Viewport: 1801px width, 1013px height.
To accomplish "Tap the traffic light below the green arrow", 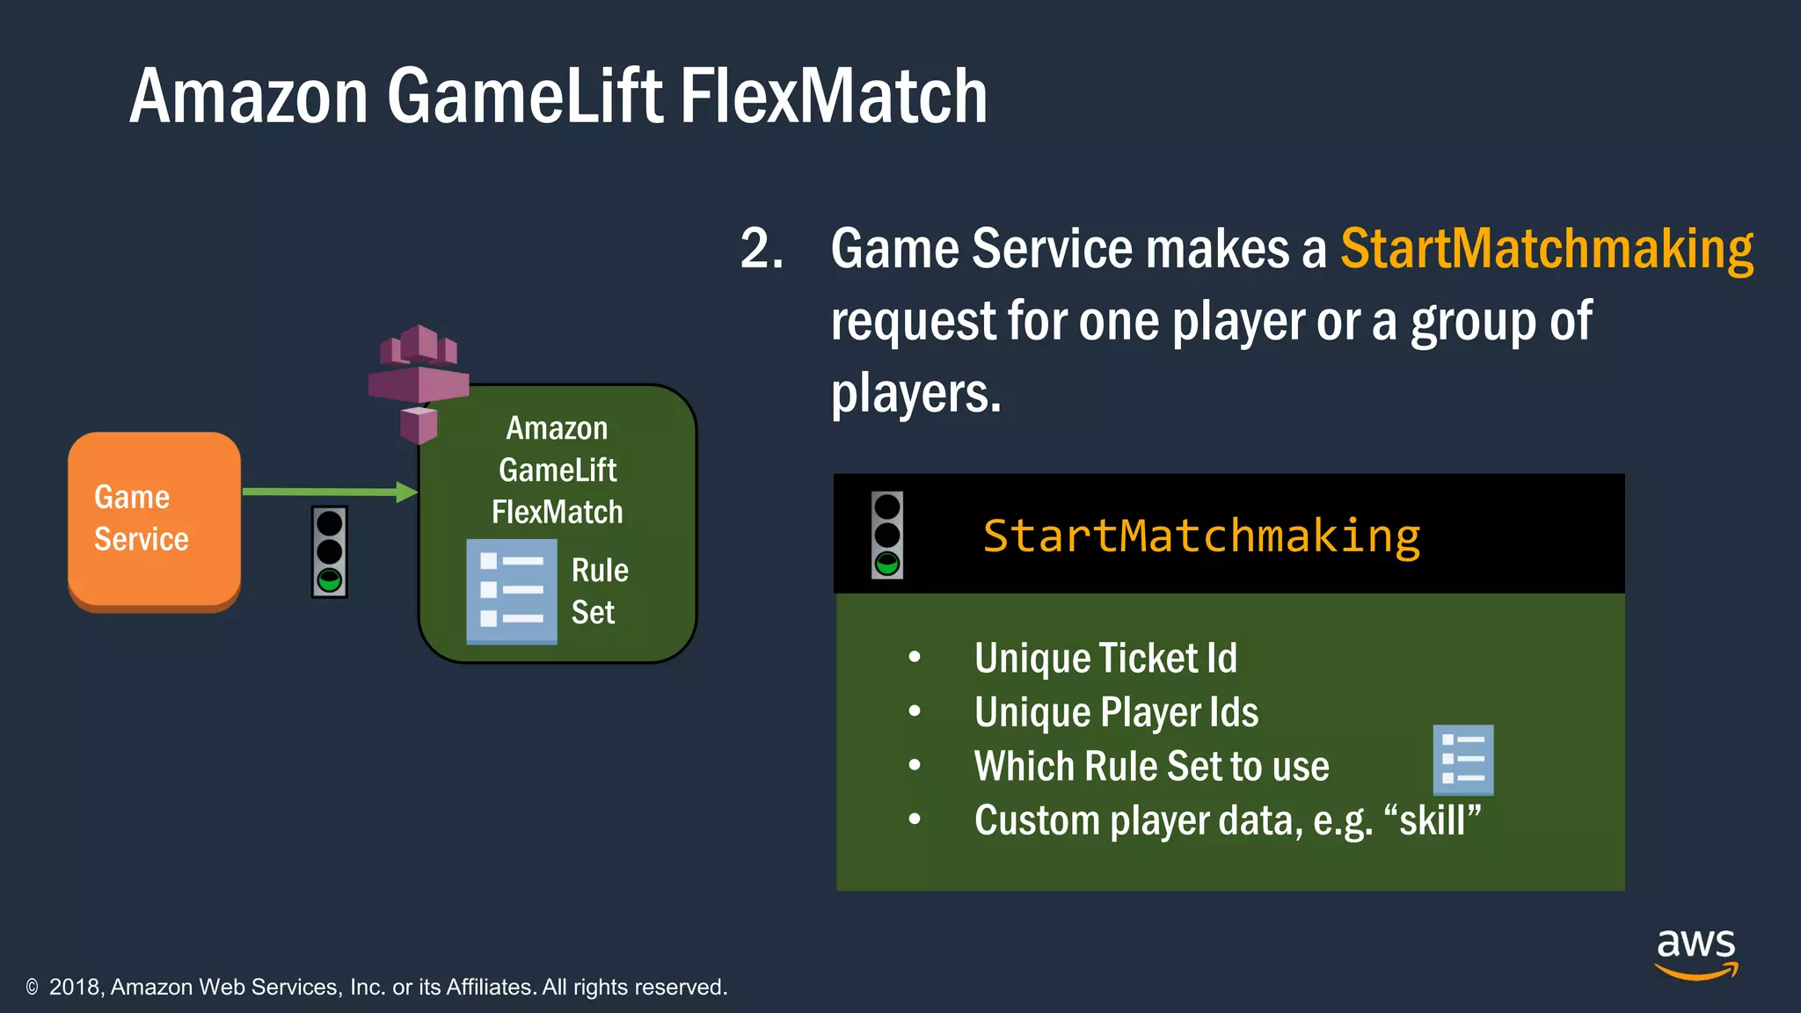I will [330, 552].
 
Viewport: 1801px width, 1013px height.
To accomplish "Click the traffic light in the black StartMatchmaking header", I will [886, 535].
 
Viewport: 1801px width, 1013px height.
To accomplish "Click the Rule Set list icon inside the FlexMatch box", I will [511, 592].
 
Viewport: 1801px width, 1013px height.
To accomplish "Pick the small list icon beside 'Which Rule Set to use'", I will [1462, 760].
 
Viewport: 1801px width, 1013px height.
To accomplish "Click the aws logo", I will [1695, 953].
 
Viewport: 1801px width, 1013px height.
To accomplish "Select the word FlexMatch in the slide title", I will [834, 96].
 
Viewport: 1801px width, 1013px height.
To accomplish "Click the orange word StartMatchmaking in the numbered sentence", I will [1546, 249].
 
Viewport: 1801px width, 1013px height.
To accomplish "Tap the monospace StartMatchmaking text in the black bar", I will [1200, 536].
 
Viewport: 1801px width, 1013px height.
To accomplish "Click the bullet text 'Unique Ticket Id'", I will [1105, 659].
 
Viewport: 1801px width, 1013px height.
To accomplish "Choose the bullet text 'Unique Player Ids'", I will [1116, 712].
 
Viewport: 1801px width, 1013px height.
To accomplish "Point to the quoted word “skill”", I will [1433, 820].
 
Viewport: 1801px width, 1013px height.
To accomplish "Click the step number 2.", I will [761, 249].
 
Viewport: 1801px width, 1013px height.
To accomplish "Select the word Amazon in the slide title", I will [249, 96].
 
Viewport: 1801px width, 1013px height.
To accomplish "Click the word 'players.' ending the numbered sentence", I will [915, 393].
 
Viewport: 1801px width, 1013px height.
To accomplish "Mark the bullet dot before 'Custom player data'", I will [915, 820].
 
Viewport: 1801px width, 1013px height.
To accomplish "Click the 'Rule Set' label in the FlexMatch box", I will [600, 591].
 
